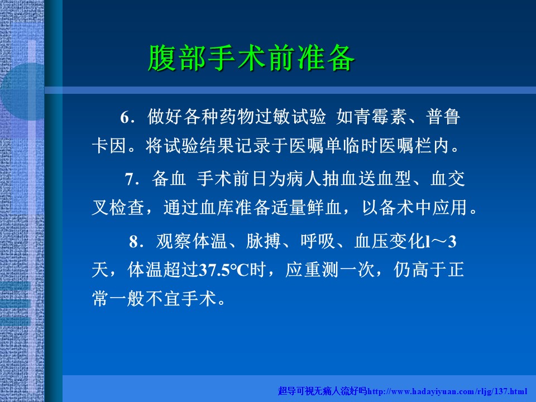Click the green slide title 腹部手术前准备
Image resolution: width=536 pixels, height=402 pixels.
251,58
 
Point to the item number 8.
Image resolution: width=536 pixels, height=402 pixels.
134,242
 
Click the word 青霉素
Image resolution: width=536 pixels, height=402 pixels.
380,117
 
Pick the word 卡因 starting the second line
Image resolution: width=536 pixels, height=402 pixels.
109,146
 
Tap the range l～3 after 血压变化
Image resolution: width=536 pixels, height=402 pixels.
441,242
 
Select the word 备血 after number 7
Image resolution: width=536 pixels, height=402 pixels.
169,179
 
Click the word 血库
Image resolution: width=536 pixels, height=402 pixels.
217,208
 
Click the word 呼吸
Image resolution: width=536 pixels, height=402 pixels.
318,241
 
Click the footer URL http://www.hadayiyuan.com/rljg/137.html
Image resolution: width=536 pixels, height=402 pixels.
447,391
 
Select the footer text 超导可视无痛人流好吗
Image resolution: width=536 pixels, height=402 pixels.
323,391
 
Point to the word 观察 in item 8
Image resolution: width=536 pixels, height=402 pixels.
173,241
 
